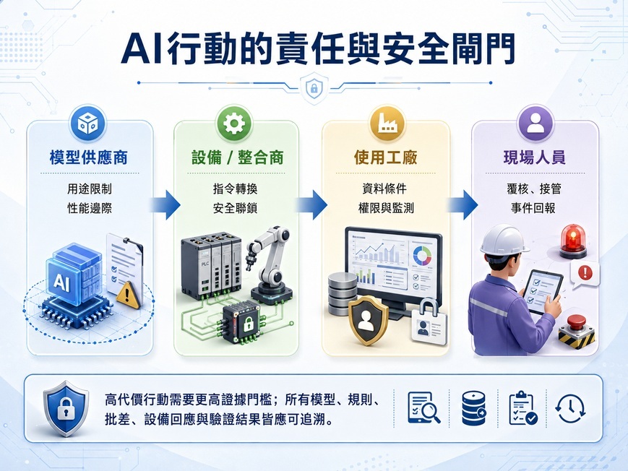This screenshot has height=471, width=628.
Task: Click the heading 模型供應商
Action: point(88,157)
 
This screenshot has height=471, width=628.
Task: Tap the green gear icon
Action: point(234,124)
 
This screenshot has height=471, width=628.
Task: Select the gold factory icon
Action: point(386,124)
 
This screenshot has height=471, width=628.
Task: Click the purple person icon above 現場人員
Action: point(535,124)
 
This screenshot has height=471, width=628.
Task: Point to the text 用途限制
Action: point(90,189)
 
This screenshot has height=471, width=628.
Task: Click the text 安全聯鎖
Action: point(235,208)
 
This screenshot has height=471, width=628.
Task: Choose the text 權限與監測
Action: point(386,208)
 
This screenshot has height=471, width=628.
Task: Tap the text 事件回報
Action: point(533,208)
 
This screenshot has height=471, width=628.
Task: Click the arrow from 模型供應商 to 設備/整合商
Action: point(165,205)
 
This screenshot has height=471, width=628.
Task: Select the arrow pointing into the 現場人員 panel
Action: point(463,205)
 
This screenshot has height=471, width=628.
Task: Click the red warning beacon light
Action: point(573,241)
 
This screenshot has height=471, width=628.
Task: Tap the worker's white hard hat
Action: point(504,241)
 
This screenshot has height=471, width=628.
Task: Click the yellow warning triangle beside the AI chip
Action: point(128,295)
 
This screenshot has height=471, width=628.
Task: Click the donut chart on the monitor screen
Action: point(422,256)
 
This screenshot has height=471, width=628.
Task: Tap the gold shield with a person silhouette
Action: point(368,321)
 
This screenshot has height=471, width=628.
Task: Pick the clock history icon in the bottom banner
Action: point(570,408)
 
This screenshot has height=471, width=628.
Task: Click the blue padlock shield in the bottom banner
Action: point(66,408)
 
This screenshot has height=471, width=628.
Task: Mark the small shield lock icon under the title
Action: point(314,87)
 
